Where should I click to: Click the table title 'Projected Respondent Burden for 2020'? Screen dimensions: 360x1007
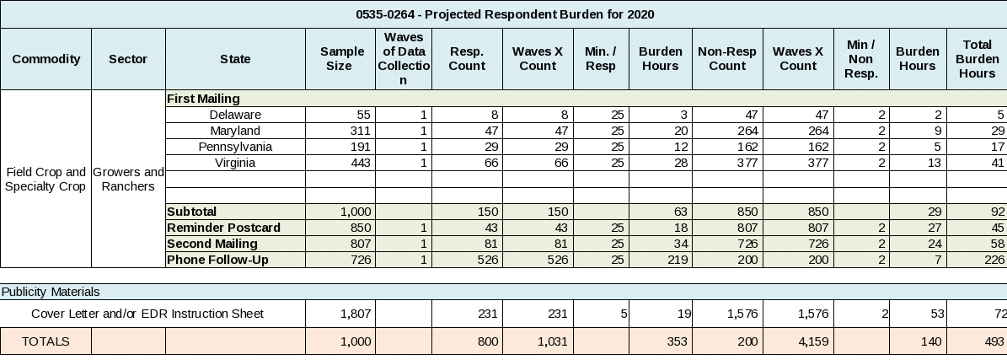[505, 14]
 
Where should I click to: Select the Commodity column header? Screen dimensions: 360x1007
[46, 59]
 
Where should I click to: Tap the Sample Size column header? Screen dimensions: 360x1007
[336, 59]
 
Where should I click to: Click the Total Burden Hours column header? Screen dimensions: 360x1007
[977, 59]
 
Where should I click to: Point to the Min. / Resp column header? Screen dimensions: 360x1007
[601, 59]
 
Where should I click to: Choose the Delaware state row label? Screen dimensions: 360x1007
[235, 115]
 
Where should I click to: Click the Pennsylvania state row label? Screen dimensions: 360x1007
[235, 147]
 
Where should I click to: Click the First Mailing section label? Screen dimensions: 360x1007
[203, 99]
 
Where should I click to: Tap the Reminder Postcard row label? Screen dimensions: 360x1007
[223, 228]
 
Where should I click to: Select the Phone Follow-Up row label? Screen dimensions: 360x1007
[217, 260]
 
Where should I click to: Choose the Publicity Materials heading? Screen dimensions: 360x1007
[51, 292]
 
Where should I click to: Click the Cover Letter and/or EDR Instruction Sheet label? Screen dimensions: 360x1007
[147, 314]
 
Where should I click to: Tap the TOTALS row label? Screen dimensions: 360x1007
[46, 341]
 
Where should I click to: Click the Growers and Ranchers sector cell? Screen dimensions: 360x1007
[128, 179]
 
